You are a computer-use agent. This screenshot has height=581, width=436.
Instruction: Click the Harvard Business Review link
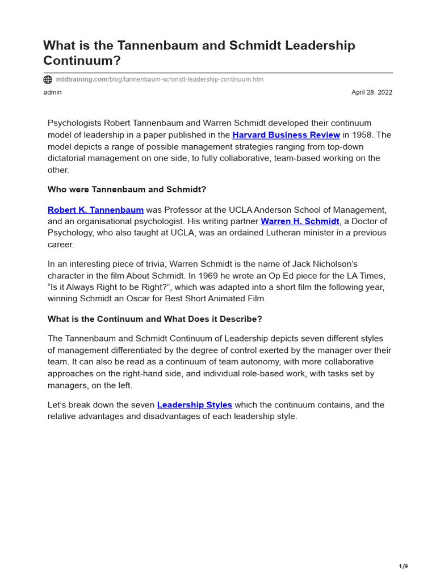tap(286, 135)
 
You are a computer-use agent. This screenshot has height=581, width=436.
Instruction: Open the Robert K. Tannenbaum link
tap(95, 210)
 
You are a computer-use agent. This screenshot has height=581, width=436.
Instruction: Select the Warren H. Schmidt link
tap(300, 221)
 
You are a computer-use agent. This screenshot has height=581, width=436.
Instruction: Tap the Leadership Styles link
tap(194, 405)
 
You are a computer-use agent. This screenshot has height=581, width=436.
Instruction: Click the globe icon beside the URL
tap(48, 80)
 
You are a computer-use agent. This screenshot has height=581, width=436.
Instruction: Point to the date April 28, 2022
tap(372, 92)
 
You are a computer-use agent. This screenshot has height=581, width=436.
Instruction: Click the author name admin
tap(52, 92)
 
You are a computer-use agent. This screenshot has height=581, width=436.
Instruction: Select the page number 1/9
tap(403, 566)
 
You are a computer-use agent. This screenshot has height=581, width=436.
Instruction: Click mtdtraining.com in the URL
tap(81, 80)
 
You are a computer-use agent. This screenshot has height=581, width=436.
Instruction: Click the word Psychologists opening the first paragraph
tap(74, 124)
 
